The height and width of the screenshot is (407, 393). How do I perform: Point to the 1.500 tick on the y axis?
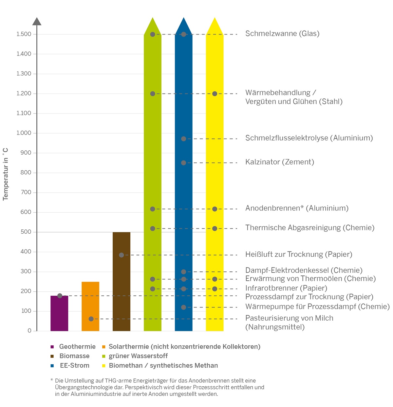click(x=24, y=34)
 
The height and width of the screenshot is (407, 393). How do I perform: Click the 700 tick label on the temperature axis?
click(x=26, y=192)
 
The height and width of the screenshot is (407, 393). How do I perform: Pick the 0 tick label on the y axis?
click(x=29, y=331)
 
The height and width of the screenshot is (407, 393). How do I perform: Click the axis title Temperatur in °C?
click(x=6, y=174)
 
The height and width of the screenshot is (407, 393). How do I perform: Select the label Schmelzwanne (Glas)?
click(x=282, y=33)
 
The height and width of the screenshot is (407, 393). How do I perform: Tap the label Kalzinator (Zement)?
click(x=279, y=162)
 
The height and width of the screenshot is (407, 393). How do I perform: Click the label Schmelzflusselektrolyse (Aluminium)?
click(x=309, y=138)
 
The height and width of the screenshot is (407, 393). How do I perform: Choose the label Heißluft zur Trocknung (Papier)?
click(x=299, y=254)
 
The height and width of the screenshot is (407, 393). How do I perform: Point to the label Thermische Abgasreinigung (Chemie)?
click(x=309, y=228)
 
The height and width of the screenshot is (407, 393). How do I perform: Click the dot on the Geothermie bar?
click(x=60, y=296)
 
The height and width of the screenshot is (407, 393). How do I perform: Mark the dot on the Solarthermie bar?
click(x=91, y=319)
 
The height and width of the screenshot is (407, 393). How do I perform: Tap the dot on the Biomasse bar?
click(x=122, y=255)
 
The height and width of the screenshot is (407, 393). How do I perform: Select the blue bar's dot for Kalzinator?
click(x=184, y=163)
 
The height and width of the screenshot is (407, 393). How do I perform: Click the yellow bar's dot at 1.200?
click(x=215, y=94)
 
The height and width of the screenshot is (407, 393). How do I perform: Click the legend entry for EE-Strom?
click(x=74, y=366)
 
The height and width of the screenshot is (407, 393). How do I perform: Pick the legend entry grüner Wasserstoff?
click(x=138, y=356)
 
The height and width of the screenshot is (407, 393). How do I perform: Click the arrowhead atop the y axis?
click(x=37, y=22)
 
